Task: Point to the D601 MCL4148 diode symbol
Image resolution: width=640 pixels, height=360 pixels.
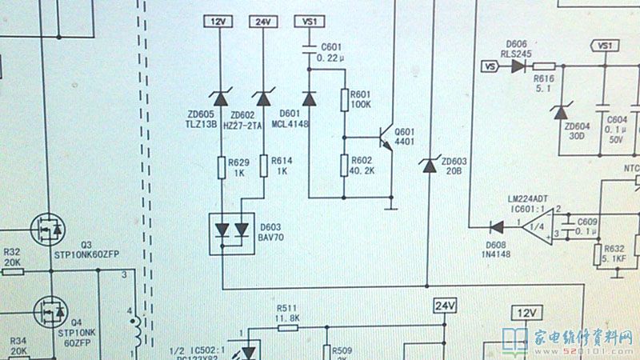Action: coord(310,98)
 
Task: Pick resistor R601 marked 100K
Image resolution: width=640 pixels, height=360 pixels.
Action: coord(345,100)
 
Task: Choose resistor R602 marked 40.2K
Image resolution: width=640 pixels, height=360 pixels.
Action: coord(345,166)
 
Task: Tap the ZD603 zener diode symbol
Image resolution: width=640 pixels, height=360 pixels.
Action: coord(428,166)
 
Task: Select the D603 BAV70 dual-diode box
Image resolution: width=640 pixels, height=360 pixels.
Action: coord(232,233)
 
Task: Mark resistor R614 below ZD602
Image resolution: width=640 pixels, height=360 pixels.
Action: coord(263,168)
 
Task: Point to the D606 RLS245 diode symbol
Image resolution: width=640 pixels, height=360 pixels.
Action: coord(516,66)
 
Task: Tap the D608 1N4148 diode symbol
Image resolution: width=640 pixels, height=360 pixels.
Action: coord(498,228)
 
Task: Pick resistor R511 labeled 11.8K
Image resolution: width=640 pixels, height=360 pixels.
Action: coord(287,327)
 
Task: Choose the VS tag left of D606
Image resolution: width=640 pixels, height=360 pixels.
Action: coord(487,66)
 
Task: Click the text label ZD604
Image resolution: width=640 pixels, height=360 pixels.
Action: coord(577,126)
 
